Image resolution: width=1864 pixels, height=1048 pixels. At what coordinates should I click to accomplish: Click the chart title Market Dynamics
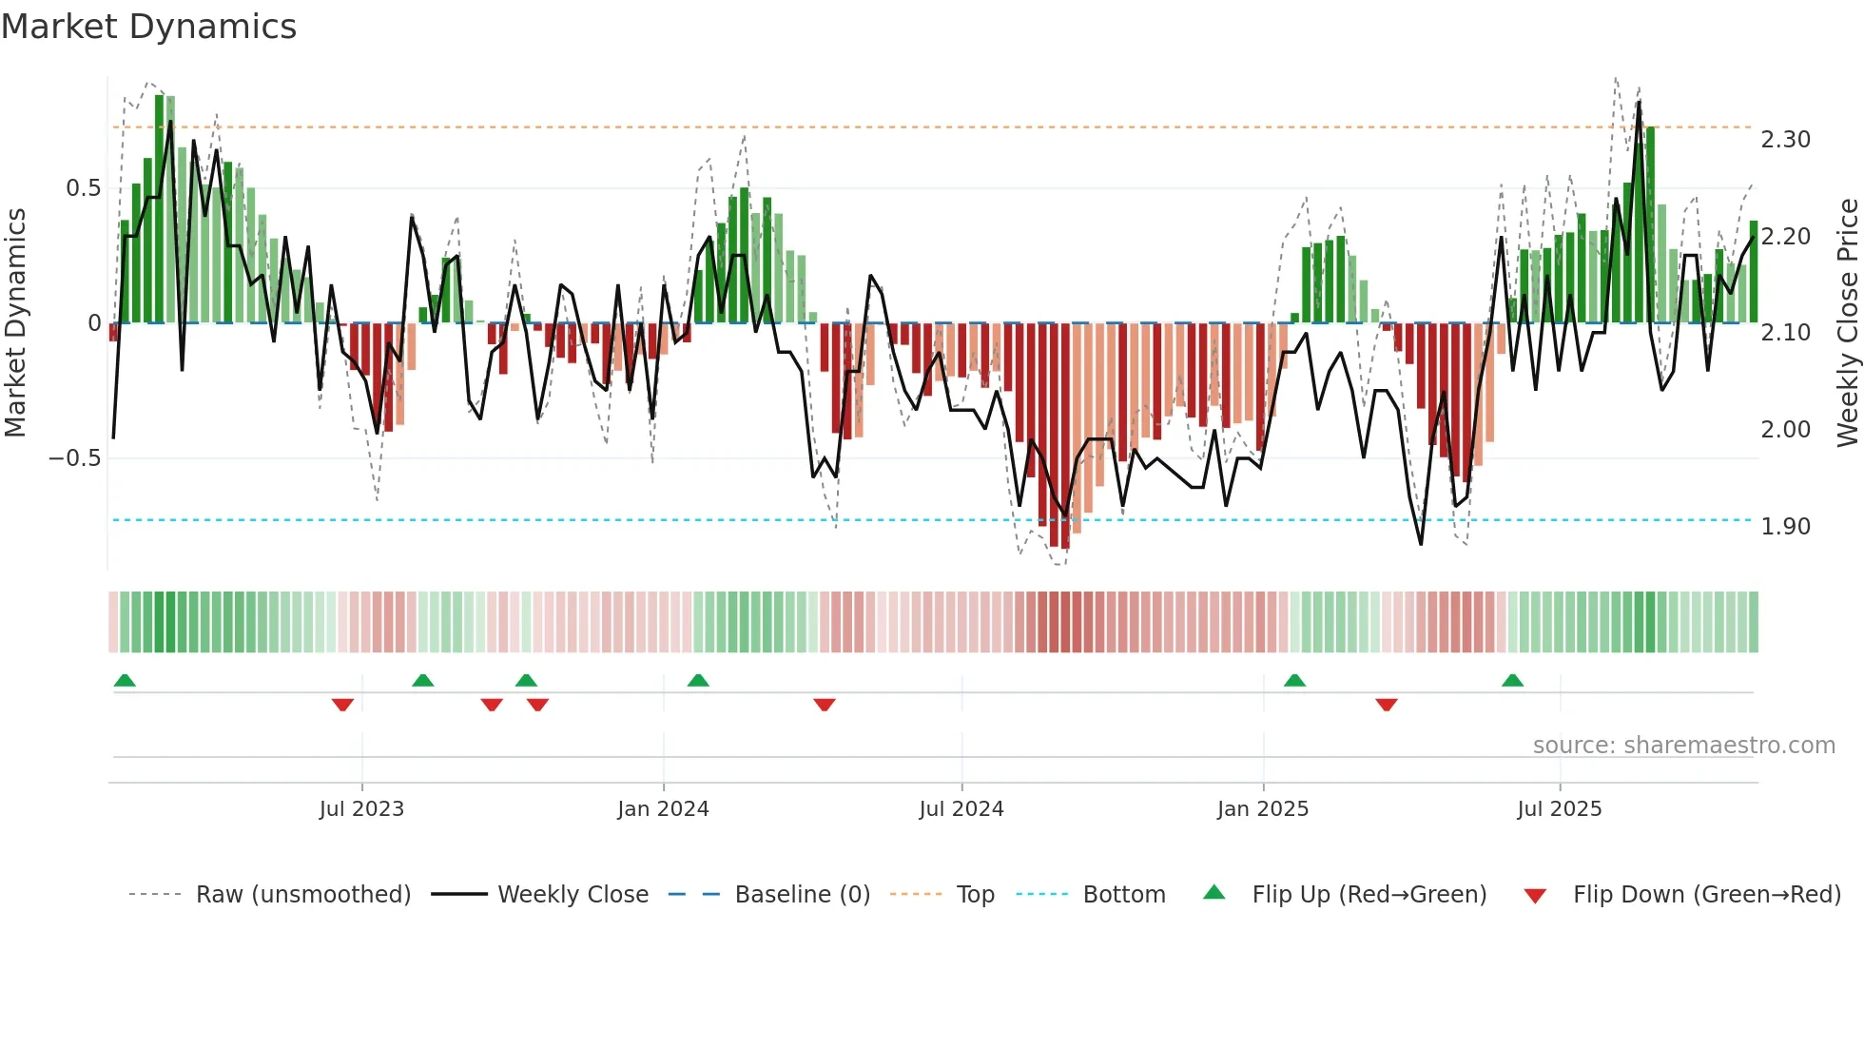(x=148, y=27)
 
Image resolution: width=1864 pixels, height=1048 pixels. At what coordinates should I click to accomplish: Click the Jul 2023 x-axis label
(x=361, y=809)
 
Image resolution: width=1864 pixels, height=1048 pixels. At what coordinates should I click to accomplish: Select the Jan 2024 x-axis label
(x=663, y=809)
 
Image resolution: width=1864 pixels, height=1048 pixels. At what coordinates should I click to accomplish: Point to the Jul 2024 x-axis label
(x=961, y=809)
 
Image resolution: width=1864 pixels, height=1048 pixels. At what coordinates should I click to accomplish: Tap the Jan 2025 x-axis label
(x=1262, y=809)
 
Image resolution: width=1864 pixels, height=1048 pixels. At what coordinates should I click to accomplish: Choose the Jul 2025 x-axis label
(x=1559, y=809)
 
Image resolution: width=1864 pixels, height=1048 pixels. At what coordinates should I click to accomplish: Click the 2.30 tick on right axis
(x=1785, y=140)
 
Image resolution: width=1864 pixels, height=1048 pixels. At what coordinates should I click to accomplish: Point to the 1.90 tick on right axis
(x=1785, y=527)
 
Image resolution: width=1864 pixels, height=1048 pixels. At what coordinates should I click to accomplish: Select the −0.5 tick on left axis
(x=74, y=458)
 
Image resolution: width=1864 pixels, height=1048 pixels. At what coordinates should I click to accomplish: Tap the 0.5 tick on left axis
(x=83, y=188)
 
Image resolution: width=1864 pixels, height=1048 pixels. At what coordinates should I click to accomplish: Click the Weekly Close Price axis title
(x=1847, y=322)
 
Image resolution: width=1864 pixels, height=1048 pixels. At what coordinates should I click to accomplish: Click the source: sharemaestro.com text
(x=1683, y=746)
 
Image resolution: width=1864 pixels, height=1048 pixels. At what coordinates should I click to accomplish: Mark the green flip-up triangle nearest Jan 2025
(x=1294, y=680)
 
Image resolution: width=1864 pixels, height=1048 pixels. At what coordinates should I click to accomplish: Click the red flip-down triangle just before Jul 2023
(x=342, y=705)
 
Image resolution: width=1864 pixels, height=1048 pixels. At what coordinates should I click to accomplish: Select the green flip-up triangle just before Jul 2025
(x=1512, y=680)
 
